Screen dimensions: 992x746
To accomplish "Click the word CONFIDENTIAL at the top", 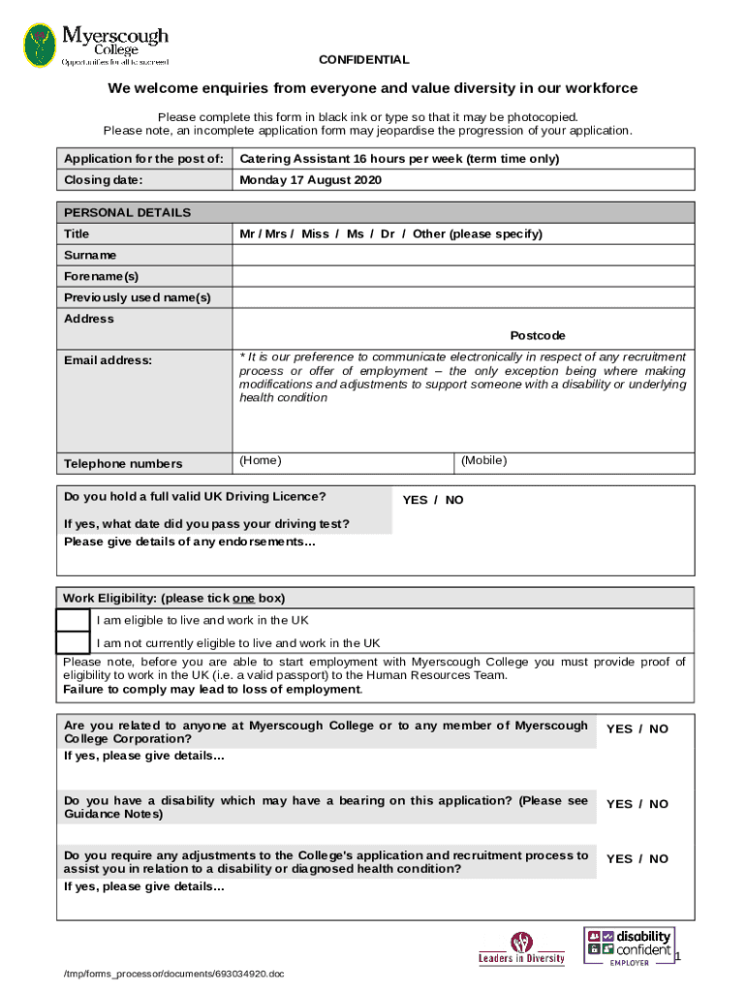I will pos(364,60).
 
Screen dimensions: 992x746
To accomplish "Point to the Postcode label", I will pos(538,335).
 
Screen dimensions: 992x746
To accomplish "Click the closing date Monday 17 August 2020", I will pos(311,180).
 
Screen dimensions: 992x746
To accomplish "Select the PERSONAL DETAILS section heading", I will pos(127,212).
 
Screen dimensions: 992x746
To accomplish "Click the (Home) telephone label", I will pos(261,461).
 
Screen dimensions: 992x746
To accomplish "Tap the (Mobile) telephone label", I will pos(483,461).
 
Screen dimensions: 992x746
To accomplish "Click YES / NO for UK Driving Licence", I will pos(433,500).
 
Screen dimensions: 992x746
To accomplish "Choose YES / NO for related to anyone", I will pos(637,729).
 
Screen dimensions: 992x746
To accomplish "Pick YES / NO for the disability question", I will pos(637,804).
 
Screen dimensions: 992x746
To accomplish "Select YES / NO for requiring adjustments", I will pos(637,859).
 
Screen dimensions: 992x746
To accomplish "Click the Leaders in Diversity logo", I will pos(521,948).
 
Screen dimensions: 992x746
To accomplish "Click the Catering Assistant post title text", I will pos(399,159).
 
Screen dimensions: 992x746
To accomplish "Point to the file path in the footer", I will pos(171,974).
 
